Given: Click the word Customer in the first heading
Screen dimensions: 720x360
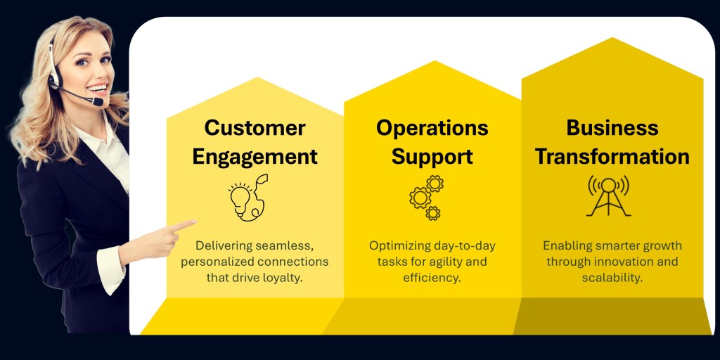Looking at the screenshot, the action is coord(255,128).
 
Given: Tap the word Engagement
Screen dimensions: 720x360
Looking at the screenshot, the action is coord(255,157).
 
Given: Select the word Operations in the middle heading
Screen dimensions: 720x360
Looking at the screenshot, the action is coord(432,128).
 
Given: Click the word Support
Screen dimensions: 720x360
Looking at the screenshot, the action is coord(432,157).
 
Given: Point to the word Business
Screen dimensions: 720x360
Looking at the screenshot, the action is coord(612,128).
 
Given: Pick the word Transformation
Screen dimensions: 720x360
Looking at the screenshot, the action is coord(612,157).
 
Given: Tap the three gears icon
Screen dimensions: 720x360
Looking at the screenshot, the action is coord(427,198).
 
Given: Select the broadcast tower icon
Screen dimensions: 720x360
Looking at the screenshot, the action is coord(608,196).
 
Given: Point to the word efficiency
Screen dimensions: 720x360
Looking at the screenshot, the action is coord(432,278).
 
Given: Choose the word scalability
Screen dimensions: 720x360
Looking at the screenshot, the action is coord(612,278).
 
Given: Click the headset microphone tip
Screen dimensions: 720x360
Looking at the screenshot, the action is coord(98,101).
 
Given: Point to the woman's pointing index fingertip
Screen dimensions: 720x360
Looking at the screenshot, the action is coord(194,221).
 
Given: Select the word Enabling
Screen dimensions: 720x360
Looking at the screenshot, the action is coord(562,246).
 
